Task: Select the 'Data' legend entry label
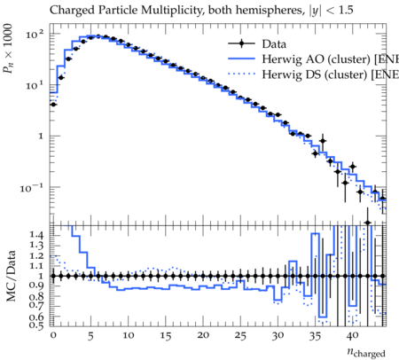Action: point(274,44)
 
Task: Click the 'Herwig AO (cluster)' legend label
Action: point(317,59)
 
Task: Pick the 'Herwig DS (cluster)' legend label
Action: point(315,74)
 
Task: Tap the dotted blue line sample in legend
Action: point(241,74)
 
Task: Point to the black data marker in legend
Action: point(241,43)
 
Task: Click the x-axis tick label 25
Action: point(240,336)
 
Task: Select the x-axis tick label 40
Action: point(352,336)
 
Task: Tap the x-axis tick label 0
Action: point(53,335)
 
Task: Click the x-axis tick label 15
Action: point(166,336)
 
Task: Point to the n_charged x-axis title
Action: point(366,352)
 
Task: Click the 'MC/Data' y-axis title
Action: point(11,276)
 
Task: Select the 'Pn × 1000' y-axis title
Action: point(8,49)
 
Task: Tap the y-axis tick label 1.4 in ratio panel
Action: point(36,235)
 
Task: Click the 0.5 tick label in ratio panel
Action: point(36,325)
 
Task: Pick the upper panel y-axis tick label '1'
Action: point(40,137)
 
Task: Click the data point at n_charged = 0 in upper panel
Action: point(53,105)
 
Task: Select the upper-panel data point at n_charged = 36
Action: point(323,141)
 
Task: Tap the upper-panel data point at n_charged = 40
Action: point(352,167)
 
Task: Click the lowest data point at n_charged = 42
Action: point(367,223)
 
